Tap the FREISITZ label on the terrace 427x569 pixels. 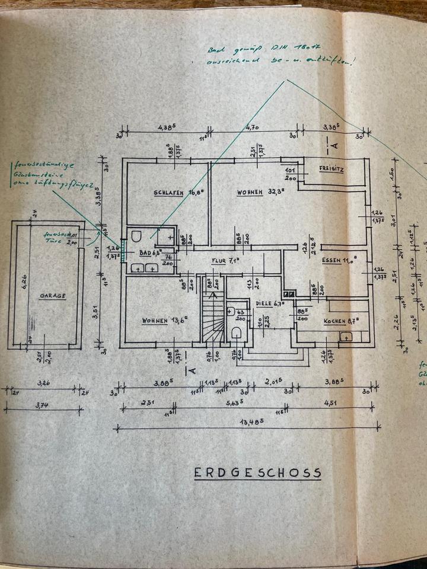(x=332, y=168)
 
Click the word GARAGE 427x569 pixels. (x=52, y=295)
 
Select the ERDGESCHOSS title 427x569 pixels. (x=257, y=472)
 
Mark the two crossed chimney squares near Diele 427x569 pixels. (x=289, y=293)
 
